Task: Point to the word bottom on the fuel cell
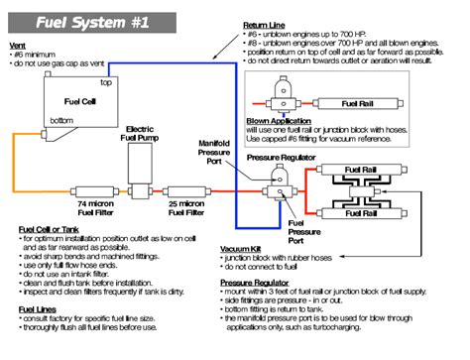(x=62, y=121)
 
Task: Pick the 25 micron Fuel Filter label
(x=184, y=206)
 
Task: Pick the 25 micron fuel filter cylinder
(x=185, y=190)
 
